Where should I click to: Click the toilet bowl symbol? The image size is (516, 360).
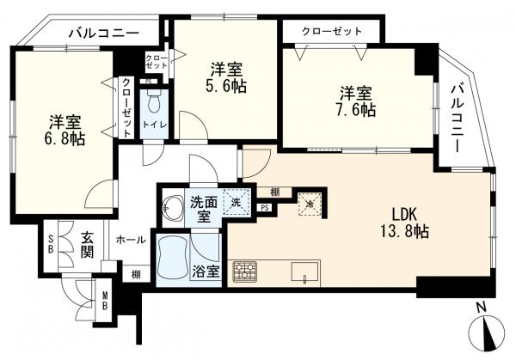click(x=154, y=101)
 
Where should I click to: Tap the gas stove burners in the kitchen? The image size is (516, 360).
click(x=245, y=272)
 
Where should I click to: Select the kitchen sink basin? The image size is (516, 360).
click(x=304, y=272)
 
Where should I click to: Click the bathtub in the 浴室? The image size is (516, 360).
click(x=173, y=259)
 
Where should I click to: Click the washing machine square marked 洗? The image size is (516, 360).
click(x=236, y=202)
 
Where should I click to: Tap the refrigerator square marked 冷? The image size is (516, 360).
click(x=310, y=204)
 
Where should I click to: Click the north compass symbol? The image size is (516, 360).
click(x=487, y=332)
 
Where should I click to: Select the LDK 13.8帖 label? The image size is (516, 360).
click(x=405, y=223)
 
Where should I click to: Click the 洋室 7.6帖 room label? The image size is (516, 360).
click(x=356, y=101)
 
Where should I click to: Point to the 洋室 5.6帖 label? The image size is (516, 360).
click(x=226, y=78)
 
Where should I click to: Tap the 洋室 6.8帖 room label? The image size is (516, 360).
click(x=64, y=131)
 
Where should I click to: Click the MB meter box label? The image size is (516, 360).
click(x=105, y=301)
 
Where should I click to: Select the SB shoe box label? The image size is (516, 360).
click(x=51, y=244)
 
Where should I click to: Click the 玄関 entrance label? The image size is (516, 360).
click(x=88, y=245)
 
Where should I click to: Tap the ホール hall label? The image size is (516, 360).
click(x=131, y=240)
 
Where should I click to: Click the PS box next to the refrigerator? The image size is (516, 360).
click(x=265, y=208)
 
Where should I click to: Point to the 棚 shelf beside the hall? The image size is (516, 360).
click(x=136, y=274)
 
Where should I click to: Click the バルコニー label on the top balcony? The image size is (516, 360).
click(x=104, y=33)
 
